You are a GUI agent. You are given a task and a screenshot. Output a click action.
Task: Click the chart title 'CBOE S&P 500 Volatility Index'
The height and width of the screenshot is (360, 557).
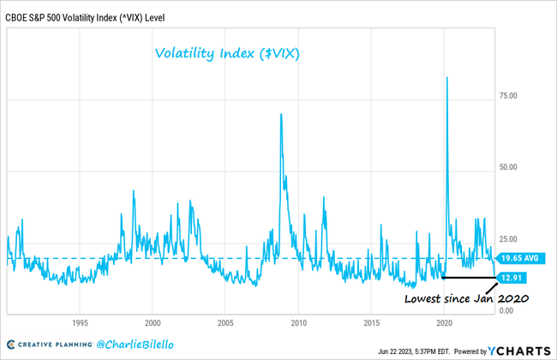[84, 9]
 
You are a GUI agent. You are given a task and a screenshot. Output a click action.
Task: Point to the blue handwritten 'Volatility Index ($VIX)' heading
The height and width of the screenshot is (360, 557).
[232, 53]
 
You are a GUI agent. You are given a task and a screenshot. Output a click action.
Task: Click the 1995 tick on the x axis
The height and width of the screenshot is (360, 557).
[80, 323]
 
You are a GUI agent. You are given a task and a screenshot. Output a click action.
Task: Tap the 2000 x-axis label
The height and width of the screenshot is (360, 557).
[153, 323]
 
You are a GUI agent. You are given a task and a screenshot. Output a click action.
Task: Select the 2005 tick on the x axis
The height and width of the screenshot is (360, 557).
[225, 323]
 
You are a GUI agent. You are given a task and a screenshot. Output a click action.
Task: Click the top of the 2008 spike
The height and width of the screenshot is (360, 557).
[281, 113]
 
